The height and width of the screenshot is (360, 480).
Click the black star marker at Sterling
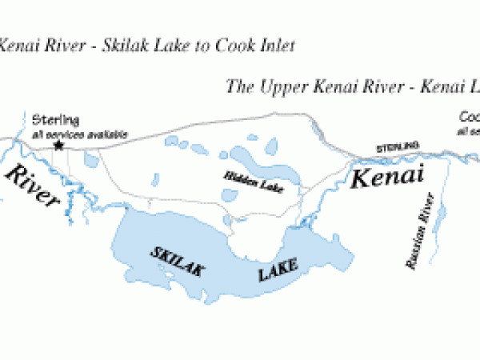point(58,146)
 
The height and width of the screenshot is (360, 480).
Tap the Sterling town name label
point(55,121)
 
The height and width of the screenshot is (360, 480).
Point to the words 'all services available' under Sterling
point(79,134)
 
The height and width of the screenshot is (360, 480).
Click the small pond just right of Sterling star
point(91,160)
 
